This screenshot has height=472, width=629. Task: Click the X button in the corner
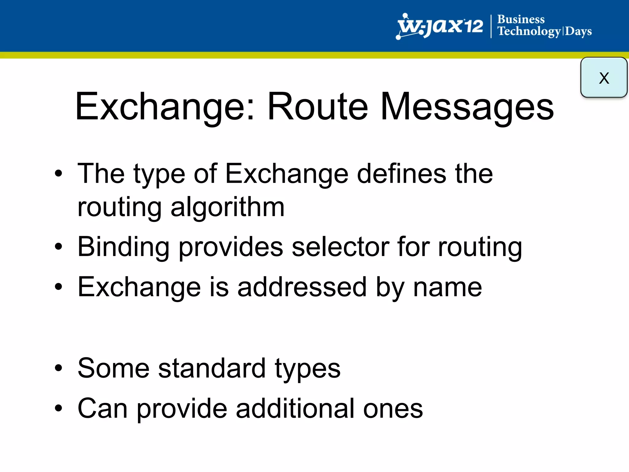[604, 77]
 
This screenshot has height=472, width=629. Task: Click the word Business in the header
[521, 19]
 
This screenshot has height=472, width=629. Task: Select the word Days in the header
[578, 32]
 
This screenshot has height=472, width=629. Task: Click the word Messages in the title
[467, 106]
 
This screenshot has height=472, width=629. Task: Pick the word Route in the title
[318, 106]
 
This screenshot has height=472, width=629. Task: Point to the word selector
[340, 247]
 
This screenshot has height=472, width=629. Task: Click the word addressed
[302, 287]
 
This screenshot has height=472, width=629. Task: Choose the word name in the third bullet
[447, 287]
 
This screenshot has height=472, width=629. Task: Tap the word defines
[401, 174]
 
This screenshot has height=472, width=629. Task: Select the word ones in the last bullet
[393, 408]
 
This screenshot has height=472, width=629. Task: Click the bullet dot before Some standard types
[58, 368]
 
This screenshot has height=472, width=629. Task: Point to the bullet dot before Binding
[58, 247]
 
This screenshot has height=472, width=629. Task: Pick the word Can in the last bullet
[103, 408]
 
